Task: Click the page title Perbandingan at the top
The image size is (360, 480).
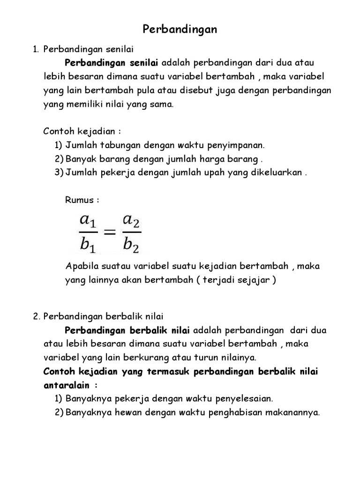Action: (x=180, y=30)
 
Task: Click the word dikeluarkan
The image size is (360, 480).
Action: (x=275, y=172)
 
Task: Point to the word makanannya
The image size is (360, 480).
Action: (x=292, y=412)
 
